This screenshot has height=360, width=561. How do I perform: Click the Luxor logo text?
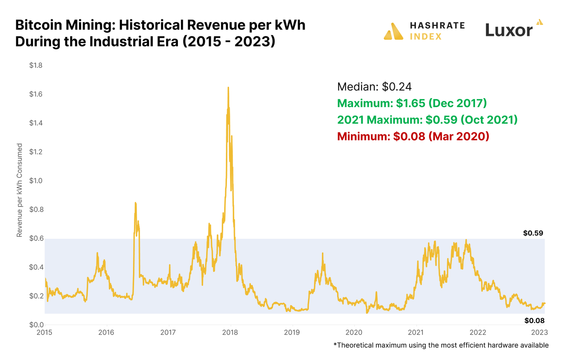509,30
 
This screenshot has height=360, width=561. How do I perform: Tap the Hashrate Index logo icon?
393,31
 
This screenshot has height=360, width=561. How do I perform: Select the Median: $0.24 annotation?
374,86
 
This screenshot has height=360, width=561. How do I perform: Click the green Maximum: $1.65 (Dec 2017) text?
412,103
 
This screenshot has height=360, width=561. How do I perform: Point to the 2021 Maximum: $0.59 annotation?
427,120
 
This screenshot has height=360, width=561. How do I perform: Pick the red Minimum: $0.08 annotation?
413,136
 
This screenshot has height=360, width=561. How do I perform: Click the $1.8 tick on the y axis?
36,65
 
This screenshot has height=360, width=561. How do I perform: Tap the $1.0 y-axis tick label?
36,181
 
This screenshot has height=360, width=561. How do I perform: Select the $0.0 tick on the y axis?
36,325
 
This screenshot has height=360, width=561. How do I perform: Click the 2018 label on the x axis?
230,333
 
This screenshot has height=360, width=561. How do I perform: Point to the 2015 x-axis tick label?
45,333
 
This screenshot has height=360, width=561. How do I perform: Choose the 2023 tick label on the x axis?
540,333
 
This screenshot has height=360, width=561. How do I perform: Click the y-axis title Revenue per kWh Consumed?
19,190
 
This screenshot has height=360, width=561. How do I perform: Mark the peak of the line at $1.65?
228,88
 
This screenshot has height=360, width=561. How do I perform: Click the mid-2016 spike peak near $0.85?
135,203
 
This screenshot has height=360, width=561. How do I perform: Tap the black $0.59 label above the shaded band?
533,233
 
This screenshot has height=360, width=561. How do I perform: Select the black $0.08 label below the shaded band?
534,321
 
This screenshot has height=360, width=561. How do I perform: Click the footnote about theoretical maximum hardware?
441,345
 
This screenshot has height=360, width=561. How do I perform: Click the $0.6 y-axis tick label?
36,238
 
